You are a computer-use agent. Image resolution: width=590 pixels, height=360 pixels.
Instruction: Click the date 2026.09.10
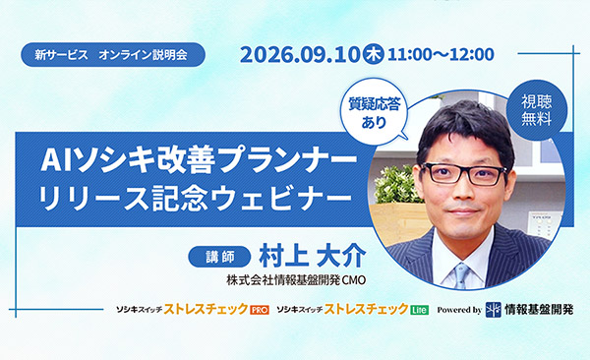coord(301,55)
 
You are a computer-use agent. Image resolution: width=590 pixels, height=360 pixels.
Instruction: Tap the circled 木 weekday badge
coord(373,54)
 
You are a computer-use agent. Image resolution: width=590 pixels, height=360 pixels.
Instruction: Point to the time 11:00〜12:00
coord(441,55)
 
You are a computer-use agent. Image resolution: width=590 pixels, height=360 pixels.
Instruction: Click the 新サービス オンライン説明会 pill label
coord(113,55)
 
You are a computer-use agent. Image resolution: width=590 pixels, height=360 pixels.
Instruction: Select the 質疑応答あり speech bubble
coord(374,112)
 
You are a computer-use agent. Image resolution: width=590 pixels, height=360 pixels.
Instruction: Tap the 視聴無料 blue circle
coord(537,110)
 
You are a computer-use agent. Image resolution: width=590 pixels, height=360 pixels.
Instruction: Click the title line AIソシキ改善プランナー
coord(199,159)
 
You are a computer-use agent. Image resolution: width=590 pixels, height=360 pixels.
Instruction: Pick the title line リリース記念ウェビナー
coord(196,198)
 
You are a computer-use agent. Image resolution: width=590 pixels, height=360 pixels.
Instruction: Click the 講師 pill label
coord(219,257)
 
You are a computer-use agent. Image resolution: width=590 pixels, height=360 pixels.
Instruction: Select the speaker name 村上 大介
coord(312,257)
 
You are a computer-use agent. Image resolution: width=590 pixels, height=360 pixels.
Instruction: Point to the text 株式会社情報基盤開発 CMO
coord(296,280)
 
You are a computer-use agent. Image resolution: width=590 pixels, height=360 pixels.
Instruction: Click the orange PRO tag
coord(260,310)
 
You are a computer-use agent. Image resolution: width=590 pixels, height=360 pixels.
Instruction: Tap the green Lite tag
coord(419,310)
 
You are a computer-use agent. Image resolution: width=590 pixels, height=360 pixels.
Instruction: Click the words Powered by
coord(459,310)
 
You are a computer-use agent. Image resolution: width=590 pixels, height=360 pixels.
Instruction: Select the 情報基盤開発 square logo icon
coord(494,310)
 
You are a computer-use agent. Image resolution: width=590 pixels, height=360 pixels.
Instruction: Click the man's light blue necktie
coord(462,275)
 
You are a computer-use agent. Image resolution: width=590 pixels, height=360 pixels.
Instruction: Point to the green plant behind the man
coord(393,184)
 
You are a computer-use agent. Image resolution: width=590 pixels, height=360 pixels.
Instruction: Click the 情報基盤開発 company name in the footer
coord(539,310)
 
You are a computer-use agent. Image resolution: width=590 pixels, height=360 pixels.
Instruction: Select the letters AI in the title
coord(56,160)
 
